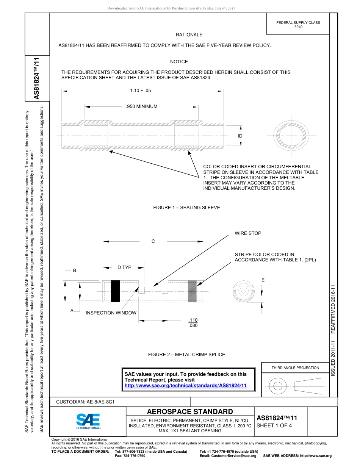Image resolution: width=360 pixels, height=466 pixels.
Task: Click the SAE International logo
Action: point(88,421)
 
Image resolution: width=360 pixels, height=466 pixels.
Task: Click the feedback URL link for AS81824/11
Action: point(186,386)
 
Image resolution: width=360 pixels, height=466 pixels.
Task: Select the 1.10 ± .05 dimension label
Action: point(140,91)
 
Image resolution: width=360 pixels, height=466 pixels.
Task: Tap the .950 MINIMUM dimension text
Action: point(141,106)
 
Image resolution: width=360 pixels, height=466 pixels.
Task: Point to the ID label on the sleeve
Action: point(240,136)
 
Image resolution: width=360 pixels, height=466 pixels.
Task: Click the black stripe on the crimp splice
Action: point(115,291)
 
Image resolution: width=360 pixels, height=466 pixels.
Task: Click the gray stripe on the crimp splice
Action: point(192,291)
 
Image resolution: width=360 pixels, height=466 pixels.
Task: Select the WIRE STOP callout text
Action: point(248,233)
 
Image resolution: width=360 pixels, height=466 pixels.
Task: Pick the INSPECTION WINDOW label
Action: point(111,313)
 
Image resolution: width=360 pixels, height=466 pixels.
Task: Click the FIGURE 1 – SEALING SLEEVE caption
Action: point(186,208)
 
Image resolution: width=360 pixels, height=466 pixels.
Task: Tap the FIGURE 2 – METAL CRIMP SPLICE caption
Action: point(186,355)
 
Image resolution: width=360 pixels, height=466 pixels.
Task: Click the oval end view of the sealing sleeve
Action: point(291,135)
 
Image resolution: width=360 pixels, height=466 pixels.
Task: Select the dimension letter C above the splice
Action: point(153,241)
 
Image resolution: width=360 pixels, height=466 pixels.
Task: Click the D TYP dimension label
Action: point(124,267)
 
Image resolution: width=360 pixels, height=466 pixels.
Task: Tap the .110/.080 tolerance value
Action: point(193,323)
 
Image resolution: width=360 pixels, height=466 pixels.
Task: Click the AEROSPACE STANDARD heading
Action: point(190,412)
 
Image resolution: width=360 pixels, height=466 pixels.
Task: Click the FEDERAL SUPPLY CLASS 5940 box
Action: point(298,25)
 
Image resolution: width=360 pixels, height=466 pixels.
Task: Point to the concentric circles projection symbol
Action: point(278,386)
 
